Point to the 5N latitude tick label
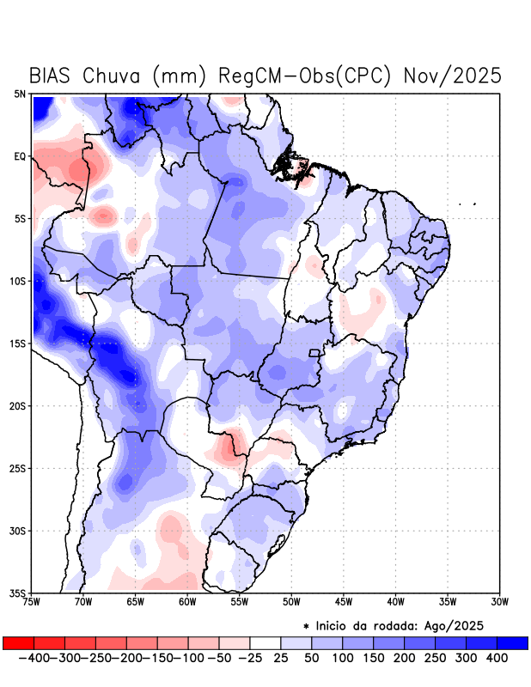[x=19, y=94]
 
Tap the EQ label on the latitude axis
[x=19, y=157]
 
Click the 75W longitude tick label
[x=33, y=601]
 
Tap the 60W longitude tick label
[x=187, y=601]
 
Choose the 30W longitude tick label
[x=499, y=601]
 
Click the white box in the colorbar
[x=265, y=642]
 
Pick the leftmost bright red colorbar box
[x=18, y=642]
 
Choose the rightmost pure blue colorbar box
[x=513, y=642]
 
